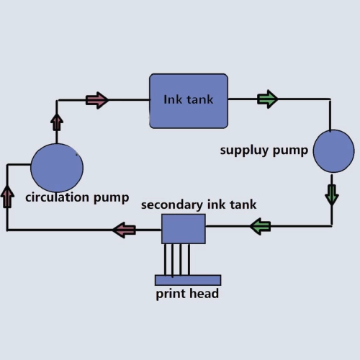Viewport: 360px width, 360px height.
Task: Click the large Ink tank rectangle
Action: (189, 101)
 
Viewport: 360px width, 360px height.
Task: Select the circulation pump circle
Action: (57, 168)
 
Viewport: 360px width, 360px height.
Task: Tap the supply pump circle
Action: (333, 151)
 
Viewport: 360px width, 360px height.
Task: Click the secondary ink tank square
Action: (184, 229)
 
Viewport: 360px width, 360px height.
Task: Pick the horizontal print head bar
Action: (188, 280)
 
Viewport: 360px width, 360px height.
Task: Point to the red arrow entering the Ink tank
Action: (97, 100)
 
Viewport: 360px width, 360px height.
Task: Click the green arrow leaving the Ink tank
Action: (268, 99)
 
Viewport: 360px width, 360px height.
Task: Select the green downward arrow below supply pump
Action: (332, 195)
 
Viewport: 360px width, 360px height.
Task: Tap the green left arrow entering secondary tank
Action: (260, 226)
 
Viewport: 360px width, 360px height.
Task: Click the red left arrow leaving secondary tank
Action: (125, 230)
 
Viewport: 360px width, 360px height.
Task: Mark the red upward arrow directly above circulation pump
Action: (57, 122)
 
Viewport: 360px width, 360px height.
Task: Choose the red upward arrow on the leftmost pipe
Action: (7, 197)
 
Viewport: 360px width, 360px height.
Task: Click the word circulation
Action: (58, 198)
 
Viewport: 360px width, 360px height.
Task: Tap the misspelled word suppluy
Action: (244, 151)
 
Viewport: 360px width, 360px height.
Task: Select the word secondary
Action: (172, 205)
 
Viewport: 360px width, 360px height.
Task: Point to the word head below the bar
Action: (204, 294)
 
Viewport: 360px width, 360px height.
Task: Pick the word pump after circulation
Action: (111, 199)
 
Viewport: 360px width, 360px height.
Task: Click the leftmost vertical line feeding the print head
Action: (165, 259)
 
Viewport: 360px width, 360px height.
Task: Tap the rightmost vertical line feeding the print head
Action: (189, 259)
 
